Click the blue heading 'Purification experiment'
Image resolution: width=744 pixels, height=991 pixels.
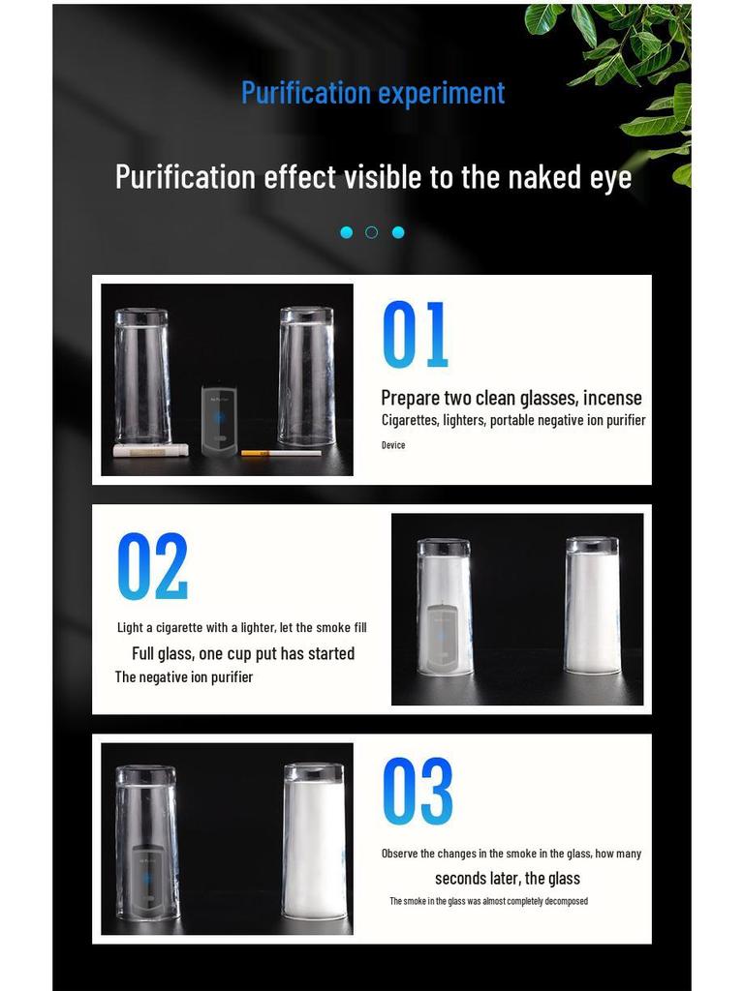pyautogui.click(x=373, y=94)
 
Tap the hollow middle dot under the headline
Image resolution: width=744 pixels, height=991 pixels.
pyautogui.click(x=371, y=232)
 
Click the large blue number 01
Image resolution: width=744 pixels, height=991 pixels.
pyautogui.click(x=416, y=334)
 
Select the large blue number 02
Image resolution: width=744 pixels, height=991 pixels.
pyautogui.click(x=152, y=565)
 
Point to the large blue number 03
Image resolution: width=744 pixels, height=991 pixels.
pyautogui.click(x=418, y=791)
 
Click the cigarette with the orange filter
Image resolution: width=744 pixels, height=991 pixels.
pyautogui.click(x=281, y=453)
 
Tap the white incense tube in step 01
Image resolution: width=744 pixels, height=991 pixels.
pyautogui.click(x=150, y=450)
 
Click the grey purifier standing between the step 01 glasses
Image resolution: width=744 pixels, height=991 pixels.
pyautogui.click(x=219, y=419)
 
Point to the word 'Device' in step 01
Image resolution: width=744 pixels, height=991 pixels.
pyautogui.click(x=393, y=445)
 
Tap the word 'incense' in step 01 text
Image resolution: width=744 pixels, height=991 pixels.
pyautogui.click(x=612, y=398)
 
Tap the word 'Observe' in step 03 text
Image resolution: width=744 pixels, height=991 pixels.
pyautogui.click(x=399, y=854)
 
